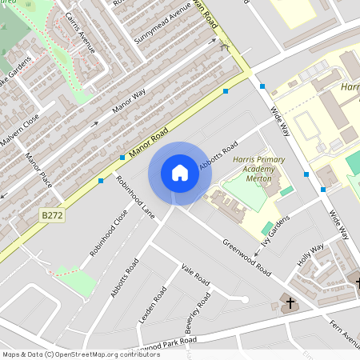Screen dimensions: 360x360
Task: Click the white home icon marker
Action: tap(180, 173)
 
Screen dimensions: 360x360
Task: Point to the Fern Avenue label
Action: tap(345, 334)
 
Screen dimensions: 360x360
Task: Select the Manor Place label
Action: tap(38, 170)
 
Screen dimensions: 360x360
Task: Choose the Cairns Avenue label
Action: tap(80, 33)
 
